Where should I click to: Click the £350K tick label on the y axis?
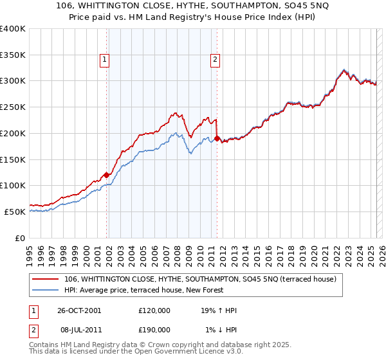13,55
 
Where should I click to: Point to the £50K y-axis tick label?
15,212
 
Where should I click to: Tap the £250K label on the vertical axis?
13,107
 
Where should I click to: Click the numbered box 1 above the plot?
104,60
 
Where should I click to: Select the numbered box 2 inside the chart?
214,60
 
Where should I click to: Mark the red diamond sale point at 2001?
107,174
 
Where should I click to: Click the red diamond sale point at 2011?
217,138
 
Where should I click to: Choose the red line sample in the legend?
46,280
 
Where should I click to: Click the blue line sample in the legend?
46,291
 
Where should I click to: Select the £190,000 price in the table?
154,329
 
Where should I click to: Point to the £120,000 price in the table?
154,310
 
